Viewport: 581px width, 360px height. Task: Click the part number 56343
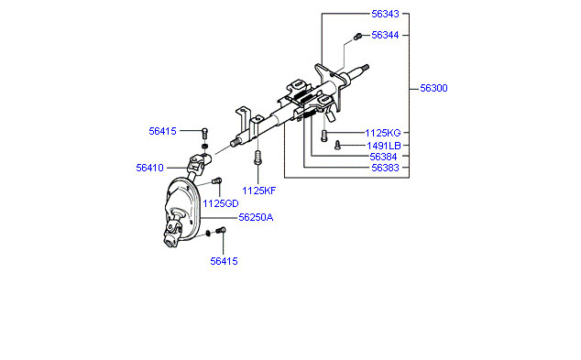point(385,14)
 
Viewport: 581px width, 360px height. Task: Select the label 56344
point(385,35)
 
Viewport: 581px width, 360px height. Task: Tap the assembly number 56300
point(433,89)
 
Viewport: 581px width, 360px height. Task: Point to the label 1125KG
point(383,133)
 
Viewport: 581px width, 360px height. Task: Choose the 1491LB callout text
point(383,146)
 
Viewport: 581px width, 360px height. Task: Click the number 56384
point(383,157)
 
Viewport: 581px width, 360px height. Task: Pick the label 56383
point(385,169)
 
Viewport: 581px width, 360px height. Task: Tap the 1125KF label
point(259,191)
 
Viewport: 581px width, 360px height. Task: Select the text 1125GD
point(221,203)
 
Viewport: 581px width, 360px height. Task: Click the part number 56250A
point(256,217)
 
